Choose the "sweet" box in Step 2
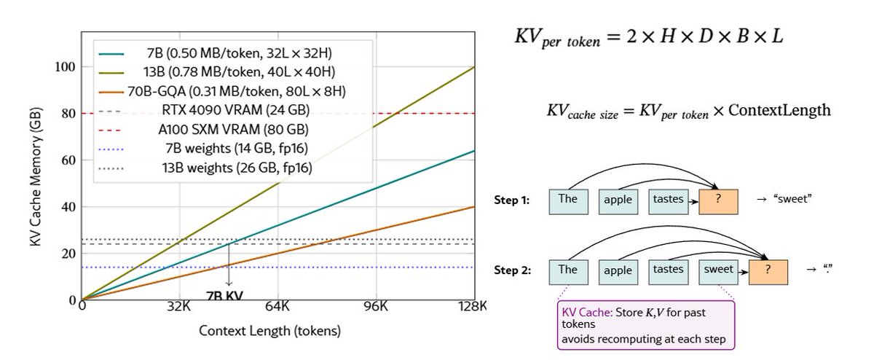tap(718, 270)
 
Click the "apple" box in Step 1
tap(618, 200)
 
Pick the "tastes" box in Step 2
tap(669, 270)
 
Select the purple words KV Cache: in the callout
tap(586, 312)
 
